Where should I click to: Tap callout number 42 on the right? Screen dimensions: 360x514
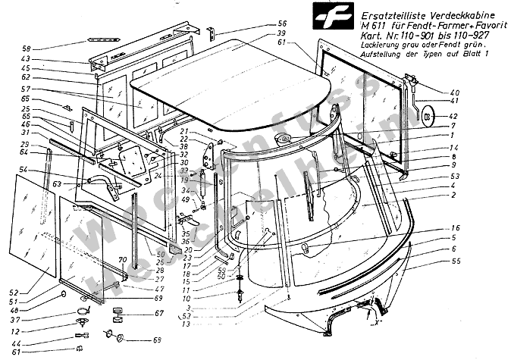(x=455, y=117)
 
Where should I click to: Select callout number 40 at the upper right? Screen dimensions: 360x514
(x=455, y=92)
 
